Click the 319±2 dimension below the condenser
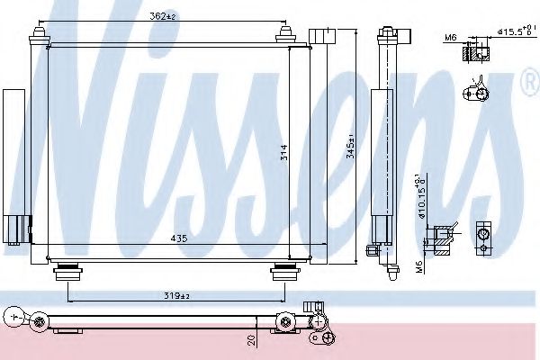pyautogui.click(x=177, y=293)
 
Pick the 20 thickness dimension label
pyautogui.click(x=253, y=340)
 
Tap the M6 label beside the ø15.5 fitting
pyautogui.click(x=450, y=37)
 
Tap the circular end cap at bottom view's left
pyautogui.click(x=12, y=315)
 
